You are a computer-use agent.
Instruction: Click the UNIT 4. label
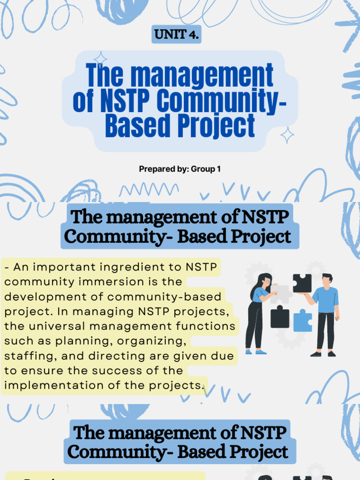click(x=176, y=35)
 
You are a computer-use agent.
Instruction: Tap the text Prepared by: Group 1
click(x=180, y=169)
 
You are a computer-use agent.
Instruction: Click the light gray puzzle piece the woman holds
click(x=280, y=294)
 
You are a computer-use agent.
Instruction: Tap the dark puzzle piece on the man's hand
click(x=302, y=283)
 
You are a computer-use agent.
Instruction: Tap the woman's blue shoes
click(x=255, y=352)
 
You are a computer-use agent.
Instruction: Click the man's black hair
click(x=327, y=276)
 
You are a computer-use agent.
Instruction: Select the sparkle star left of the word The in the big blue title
click(x=100, y=59)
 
